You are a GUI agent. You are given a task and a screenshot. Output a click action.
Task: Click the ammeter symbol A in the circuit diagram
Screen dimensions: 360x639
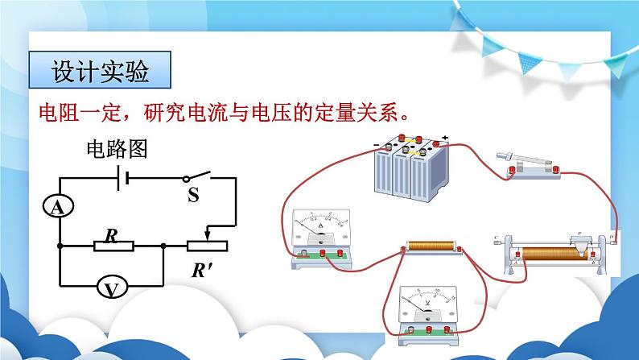(x=58, y=208)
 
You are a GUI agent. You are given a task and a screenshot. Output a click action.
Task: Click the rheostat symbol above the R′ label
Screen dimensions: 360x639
(x=208, y=245)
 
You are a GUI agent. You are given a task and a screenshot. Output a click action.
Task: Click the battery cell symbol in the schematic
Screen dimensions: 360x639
(x=123, y=179)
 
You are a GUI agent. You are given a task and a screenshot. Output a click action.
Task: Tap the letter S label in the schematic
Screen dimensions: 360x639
(x=193, y=196)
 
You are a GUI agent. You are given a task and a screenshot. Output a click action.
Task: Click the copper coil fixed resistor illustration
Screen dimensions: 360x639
(x=434, y=249)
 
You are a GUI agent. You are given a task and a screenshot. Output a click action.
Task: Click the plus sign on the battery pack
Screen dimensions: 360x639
(x=444, y=138)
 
